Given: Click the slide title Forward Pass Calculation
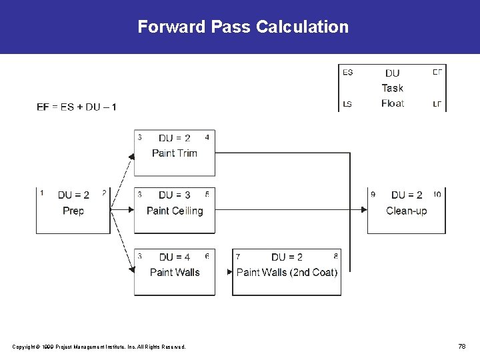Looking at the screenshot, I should click(x=243, y=27).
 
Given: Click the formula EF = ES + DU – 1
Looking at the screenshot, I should click(x=77, y=107).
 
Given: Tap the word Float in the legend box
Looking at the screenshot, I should click(x=393, y=103).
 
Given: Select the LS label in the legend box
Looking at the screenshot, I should click(x=347, y=103).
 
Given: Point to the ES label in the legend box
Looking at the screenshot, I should click(x=347, y=72).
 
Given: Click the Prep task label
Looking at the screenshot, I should click(x=73, y=211).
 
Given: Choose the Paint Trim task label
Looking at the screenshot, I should click(x=175, y=153).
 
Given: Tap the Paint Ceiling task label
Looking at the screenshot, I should click(x=175, y=211).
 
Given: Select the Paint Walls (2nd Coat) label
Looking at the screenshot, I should click(x=287, y=272).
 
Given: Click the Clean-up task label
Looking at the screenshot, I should click(x=406, y=211).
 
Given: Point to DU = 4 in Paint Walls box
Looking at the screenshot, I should click(x=175, y=257).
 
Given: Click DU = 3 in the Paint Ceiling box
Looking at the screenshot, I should click(x=175, y=195).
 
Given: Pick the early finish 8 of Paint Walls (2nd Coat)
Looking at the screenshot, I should click(x=336, y=255).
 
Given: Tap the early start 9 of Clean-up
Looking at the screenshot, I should click(x=373, y=194).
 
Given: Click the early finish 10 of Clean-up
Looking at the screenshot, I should click(x=437, y=194).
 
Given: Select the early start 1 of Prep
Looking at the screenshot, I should click(x=42, y=193).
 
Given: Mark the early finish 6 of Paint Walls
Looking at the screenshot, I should click(x=207, y=255).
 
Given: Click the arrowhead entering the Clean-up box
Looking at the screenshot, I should click(x=364, y=209).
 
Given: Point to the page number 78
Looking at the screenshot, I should click(x=461, y=346).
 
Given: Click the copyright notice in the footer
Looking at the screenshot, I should click(x=99, y=347).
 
